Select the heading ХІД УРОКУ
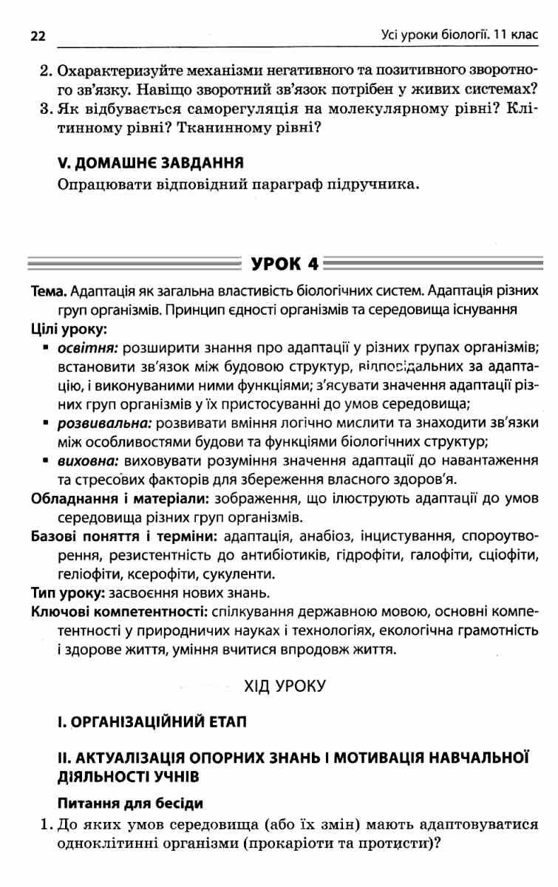tap(285, 686)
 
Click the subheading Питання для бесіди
tap(129, 802)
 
